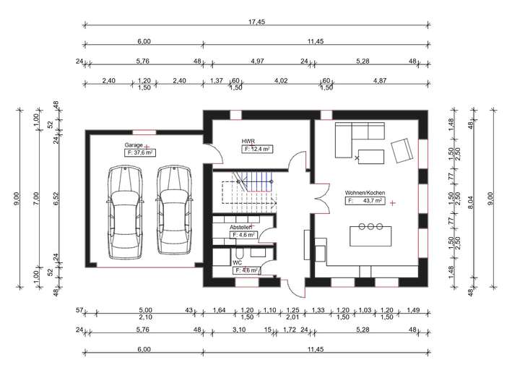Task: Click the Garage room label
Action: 134,145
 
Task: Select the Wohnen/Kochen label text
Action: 365,193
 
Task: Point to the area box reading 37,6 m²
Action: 139,152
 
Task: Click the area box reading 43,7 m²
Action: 365,201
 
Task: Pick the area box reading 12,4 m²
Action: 257,150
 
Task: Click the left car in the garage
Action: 126,212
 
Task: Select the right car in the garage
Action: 174,210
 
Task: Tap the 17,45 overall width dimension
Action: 256,22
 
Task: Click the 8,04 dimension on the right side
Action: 471,203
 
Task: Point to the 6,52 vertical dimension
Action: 56,198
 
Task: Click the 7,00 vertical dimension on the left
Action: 37,199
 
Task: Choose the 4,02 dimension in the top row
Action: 280,81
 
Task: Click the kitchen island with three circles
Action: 370,236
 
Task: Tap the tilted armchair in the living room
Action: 402,151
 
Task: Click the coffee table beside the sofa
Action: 371,157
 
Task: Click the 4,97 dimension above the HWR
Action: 257,61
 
